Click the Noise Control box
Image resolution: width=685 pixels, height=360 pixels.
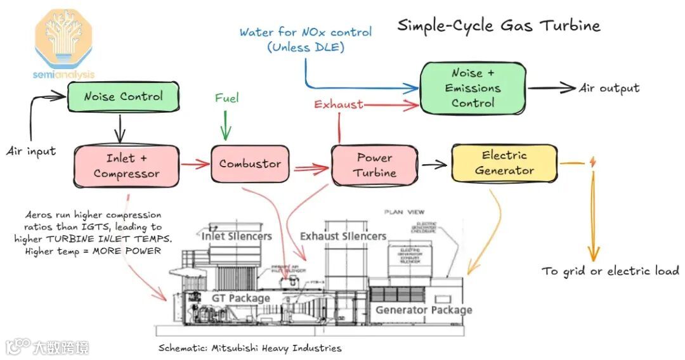tap(123, 97)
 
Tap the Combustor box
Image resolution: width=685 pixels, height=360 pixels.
tap(250, 164)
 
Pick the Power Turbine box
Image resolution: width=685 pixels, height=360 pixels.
tap(374, 165)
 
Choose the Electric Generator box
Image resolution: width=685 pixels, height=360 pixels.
tap(504, 163)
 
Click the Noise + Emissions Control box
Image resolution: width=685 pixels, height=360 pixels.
tap(473, 88)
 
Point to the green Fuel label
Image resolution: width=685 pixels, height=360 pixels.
tap(226, 98)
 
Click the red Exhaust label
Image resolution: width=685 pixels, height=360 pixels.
tap(339, 104)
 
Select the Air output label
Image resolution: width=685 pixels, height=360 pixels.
tap(609, 89)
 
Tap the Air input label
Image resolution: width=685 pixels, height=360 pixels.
tap(31, 151)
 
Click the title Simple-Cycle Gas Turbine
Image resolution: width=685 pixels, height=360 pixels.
tap(499, 26)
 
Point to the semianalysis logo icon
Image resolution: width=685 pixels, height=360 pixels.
tap(63, 38)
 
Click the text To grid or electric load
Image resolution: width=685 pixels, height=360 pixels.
tap(610, 271)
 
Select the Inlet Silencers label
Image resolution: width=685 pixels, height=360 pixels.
tap(237, 236)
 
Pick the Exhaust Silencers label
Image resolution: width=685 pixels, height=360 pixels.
tap(343, 236)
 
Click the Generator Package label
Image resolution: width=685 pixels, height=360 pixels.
tap(424, 310)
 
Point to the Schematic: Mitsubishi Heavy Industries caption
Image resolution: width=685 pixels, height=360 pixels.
tap(250, 348)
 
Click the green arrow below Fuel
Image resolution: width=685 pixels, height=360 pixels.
tap(223, 125)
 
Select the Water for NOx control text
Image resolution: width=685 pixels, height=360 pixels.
tap(305, 32)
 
